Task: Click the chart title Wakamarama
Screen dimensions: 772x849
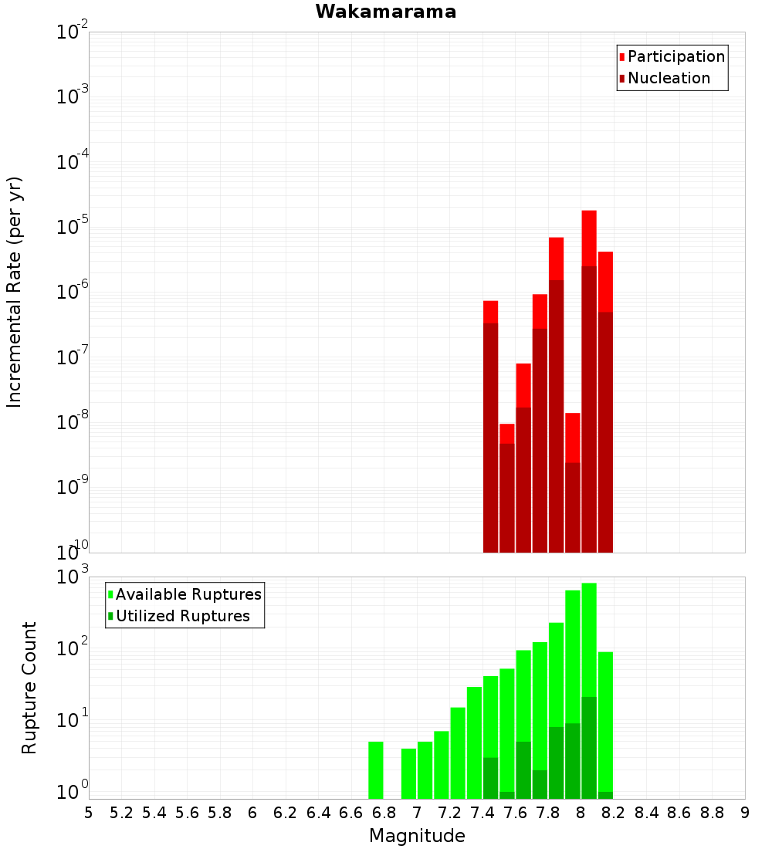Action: [386, 12]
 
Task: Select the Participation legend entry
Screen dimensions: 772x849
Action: [672, 56]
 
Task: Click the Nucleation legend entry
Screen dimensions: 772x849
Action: [664, 78]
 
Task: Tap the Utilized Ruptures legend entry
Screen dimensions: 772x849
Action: [179, 616]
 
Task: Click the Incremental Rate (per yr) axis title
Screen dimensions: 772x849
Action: [14, 292]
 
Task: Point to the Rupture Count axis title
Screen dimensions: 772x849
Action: [29, 688]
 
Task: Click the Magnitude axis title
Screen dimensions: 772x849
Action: [417, 835]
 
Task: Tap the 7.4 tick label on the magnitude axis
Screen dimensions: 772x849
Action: [482, 813]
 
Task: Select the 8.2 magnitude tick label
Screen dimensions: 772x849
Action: [613, 813]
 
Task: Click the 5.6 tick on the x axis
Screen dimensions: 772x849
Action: [187, 813]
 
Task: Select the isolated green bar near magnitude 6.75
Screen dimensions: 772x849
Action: [376, 770]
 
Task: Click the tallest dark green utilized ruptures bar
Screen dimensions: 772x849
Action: [589, 748]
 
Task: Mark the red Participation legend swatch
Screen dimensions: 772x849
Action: [622, 57]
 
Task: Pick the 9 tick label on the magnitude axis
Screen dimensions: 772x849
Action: [744, 813]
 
